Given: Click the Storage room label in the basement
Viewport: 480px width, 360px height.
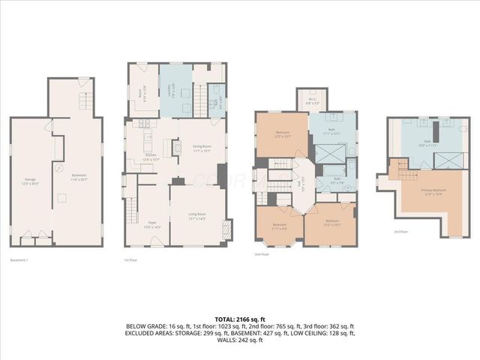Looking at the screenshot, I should point(30,180).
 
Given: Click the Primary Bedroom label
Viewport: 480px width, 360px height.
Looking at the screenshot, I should point(434,191).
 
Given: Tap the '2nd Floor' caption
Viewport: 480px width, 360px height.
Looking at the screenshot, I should point(262,255).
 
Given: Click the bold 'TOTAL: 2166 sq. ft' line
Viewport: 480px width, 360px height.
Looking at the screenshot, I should point(239,319).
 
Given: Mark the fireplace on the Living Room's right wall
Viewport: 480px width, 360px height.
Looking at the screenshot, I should point(228,229).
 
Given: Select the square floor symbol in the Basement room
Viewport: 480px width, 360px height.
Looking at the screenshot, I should point(62,197).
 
